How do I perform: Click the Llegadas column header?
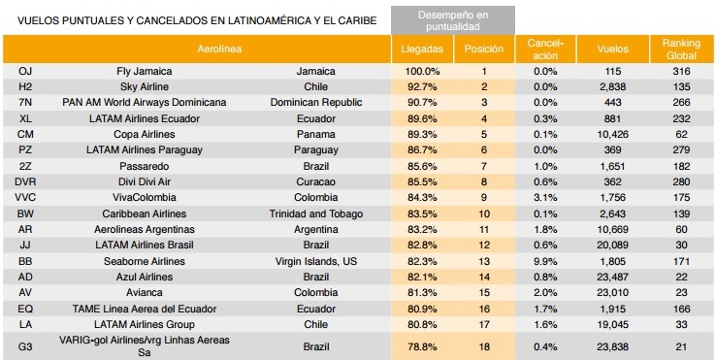[422, 49]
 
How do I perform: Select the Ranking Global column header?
[681, 49]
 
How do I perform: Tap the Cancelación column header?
[545, 49]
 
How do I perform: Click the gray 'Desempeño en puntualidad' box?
[452, 20]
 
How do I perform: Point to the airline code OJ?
[25, 71]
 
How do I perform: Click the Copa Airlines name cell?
[145, 134]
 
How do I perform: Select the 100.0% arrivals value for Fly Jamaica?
[422, 71]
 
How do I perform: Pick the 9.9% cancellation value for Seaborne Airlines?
[545, 261]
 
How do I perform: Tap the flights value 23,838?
[612, 346]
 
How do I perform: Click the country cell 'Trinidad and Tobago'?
[316, 213]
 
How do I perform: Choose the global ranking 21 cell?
[681, 346]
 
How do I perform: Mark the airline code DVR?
[25, 181]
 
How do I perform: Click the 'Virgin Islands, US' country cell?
[316, 261]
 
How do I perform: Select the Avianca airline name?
[145, 292]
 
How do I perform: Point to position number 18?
[484, 346]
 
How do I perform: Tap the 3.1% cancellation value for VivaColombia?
[545, 197]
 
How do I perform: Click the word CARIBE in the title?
[359, 20]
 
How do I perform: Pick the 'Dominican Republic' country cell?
[316, 102]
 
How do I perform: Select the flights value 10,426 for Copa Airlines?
[612, 134]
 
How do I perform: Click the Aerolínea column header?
[219, 49]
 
